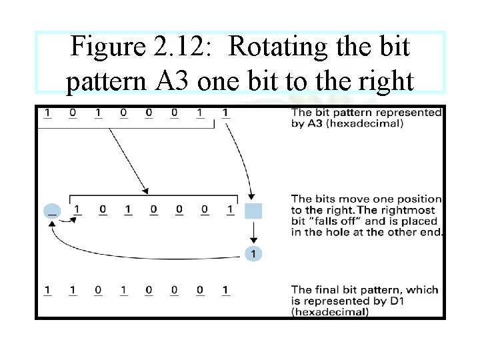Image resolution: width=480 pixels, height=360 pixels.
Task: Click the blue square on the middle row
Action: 253,211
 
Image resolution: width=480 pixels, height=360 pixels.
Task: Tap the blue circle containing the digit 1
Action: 253,254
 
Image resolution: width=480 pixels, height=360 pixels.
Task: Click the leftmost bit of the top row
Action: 47,113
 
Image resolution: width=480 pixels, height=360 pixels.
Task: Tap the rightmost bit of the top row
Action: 226,113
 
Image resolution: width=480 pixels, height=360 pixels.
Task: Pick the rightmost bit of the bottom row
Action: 226,290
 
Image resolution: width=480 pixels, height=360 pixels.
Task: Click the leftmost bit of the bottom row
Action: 47,290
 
